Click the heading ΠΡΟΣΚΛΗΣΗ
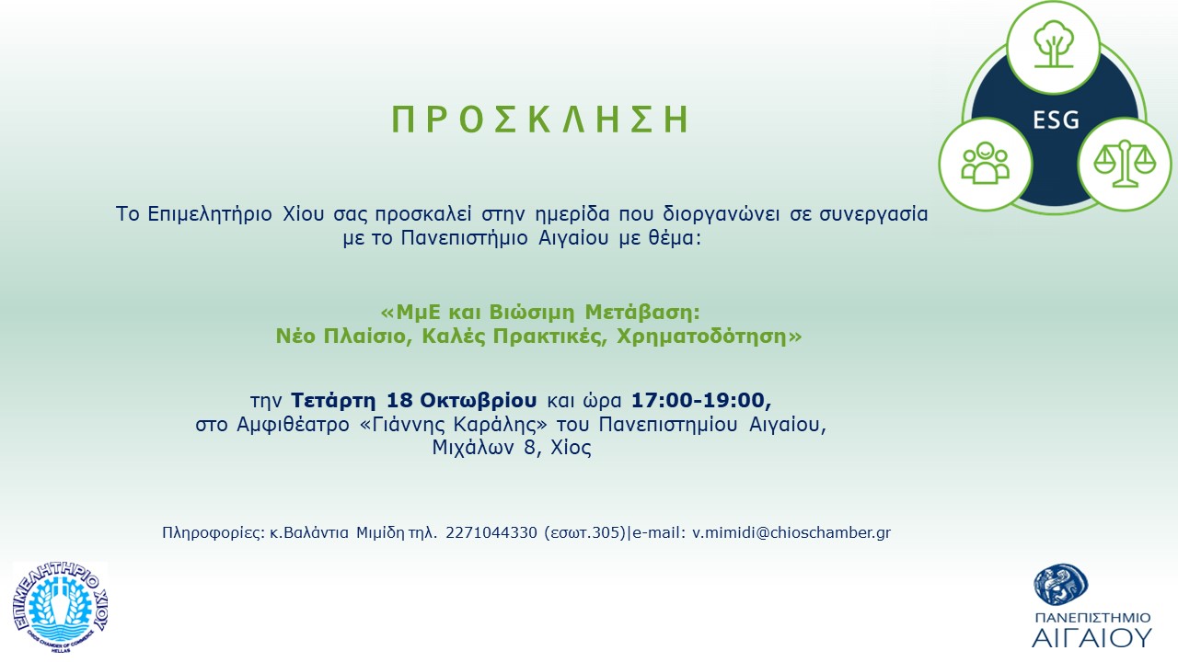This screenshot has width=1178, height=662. coord(540,120)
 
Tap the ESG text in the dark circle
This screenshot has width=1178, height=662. coord(1056,120)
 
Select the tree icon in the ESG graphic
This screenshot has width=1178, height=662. coord(1054,44)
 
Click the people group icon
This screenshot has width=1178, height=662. coord(985,163)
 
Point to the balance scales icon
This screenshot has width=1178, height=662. coord(1125,163)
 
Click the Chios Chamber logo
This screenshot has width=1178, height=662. coord(60,607)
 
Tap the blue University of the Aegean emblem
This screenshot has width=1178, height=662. coord(1061,584)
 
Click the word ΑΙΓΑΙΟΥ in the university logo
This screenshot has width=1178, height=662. coord(1091,637)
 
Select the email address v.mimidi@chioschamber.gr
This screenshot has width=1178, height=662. coord(791,532)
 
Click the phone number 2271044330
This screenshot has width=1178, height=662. coord(491,532)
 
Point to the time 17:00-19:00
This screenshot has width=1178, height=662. coord(701,400)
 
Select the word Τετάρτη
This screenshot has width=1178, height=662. coord(333,400)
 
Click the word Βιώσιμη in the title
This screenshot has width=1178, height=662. coord(532,313)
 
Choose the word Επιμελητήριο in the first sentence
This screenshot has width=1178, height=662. coord(209,215)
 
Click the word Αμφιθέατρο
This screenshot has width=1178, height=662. coord(293,425)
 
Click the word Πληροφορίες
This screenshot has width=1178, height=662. coord(213,532)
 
